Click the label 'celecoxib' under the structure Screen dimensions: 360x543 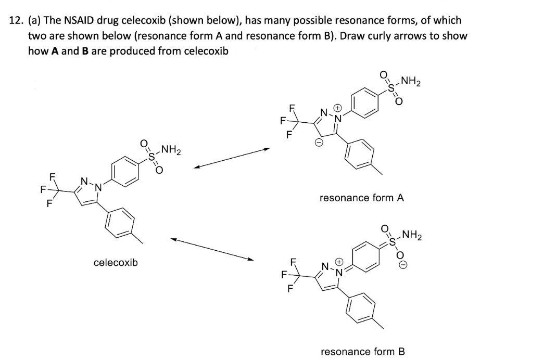tap(116, 263)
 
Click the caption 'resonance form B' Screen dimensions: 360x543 tap(363, 352)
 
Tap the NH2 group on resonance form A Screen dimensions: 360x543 tap(411, 82)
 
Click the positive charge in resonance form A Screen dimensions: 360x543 tap(337, 109)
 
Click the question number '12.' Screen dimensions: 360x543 tap(17, 21)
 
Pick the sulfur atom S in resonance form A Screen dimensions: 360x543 tap(392, 87)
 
